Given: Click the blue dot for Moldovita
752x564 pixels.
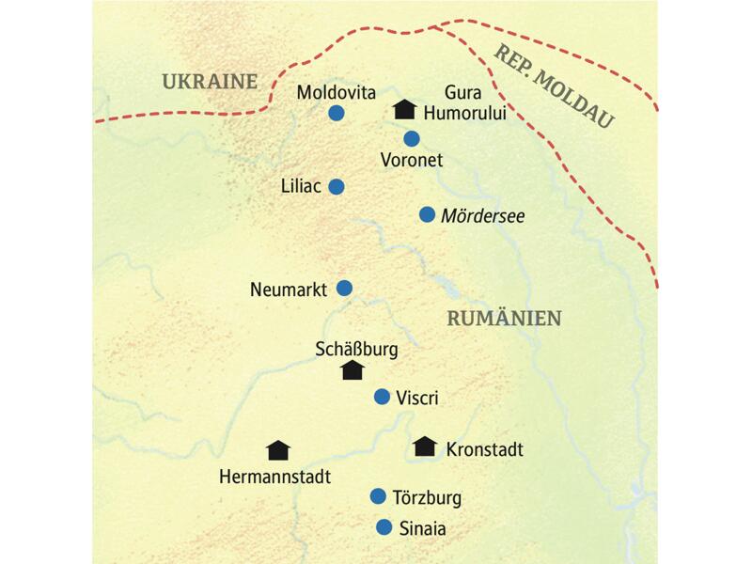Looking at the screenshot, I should (336, 114).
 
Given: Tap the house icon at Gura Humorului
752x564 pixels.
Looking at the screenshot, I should (403, 110).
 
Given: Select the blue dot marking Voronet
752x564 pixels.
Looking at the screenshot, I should (412, 139).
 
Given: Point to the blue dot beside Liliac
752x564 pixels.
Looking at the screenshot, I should (336, 186).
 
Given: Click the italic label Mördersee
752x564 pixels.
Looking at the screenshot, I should (482, 215).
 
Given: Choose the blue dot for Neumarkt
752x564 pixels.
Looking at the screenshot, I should (345, 288).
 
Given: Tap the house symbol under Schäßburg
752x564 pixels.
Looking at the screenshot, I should (352, 370).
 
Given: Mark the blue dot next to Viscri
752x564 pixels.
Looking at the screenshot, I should (382, 397).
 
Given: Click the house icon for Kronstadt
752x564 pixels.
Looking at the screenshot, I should (425, 446).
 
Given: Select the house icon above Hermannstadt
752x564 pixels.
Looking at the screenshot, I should (278, 450).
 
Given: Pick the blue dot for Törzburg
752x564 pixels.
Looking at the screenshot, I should (378, 496).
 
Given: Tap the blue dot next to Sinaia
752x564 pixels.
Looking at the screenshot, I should (384, 527).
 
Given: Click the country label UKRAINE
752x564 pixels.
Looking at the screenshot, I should (209, 82).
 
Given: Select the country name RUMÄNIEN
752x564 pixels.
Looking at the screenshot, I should (504, 319).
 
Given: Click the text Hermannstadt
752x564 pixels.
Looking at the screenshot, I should (274, 477).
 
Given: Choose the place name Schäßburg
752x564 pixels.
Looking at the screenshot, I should (356, 349).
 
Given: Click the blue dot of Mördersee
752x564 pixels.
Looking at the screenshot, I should (427, 214).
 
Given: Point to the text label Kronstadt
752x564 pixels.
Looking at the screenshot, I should (484, 448).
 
